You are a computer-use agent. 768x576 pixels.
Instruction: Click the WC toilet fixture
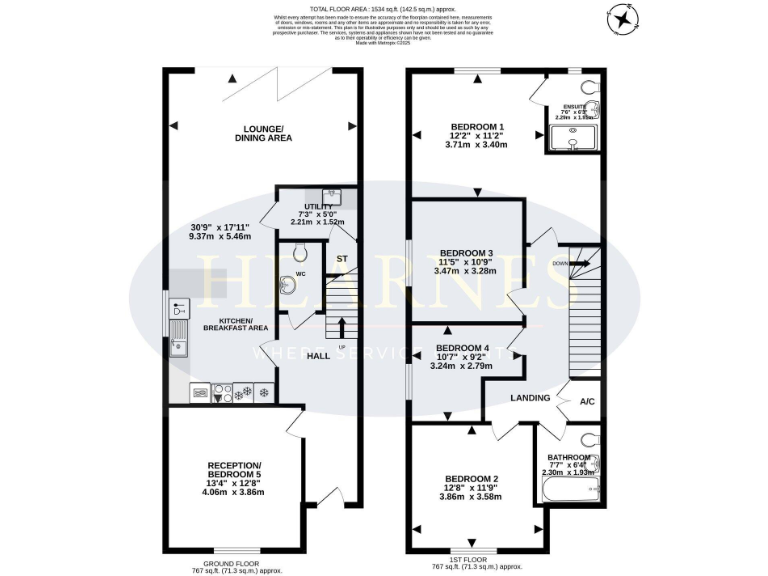291,283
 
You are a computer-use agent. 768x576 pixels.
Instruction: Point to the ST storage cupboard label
341,259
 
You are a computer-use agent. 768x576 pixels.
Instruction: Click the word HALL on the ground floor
318,356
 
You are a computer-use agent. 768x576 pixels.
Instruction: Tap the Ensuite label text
574,105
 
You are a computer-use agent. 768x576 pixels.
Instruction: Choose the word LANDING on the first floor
530,398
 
